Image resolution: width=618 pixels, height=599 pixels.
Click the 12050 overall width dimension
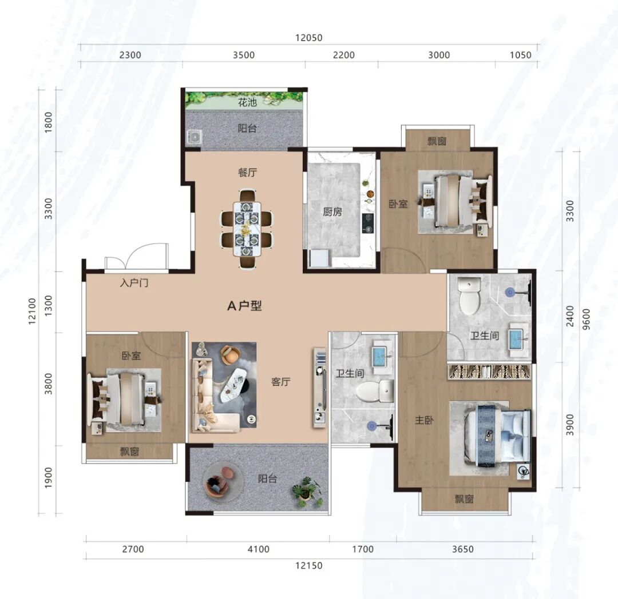(309, 38)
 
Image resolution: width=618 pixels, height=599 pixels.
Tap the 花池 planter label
(247, 103)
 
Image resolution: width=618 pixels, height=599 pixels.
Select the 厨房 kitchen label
(332, 211)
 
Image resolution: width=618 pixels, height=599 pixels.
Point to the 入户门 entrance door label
(134, 283)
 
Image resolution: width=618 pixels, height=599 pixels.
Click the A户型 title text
(244, 305)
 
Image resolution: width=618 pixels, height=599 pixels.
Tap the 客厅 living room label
(280, 382)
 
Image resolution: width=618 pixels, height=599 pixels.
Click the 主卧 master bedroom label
(424, 420)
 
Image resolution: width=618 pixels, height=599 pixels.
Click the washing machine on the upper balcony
(195, 137)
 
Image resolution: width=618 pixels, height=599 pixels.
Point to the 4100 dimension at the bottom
(259, 549)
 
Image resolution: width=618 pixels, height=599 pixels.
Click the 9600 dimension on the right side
(587, 319)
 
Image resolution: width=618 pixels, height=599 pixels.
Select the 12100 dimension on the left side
(32, 312)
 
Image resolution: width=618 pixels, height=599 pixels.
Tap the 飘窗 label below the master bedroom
(464, 500)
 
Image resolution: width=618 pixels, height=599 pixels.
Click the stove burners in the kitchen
(368, 223)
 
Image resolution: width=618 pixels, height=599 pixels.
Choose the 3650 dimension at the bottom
(463, 549)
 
